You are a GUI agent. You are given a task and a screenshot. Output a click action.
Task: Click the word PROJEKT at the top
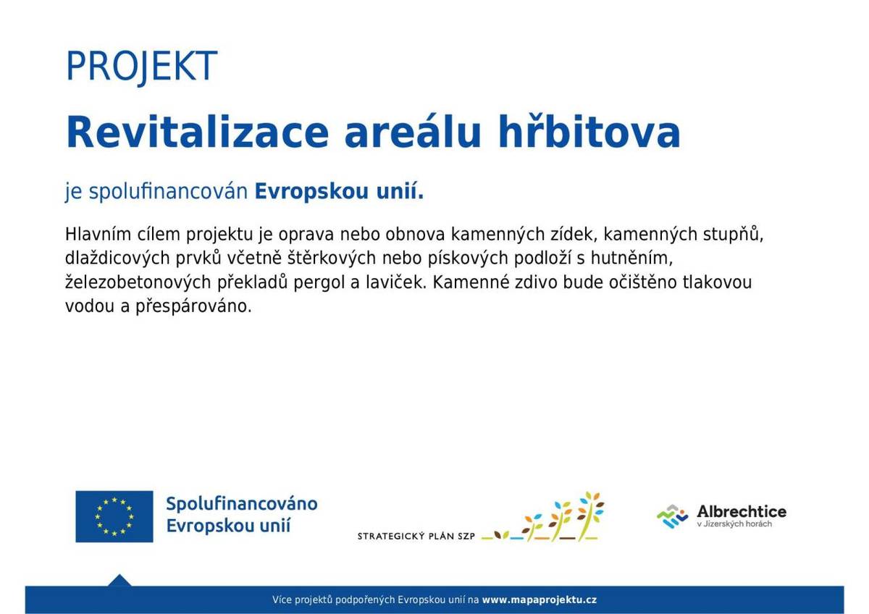click(x=142, y=66)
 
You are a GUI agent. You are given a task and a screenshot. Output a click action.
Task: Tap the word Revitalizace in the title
click(x=198, y=132)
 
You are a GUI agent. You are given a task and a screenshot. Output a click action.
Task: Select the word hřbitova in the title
click(x=589, y=132)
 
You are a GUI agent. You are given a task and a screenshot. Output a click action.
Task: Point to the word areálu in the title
click(x=413, y=132)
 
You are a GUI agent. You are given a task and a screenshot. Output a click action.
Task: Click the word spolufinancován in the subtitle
click(x=168, y=192)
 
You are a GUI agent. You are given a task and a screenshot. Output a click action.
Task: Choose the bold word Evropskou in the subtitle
click(x=311, y=192)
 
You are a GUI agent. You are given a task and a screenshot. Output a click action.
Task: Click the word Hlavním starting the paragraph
click(x=98, y=235)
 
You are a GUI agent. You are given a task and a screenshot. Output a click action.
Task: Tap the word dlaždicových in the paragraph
click(x=117, y=258)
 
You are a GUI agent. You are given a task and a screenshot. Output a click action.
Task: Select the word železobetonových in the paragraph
click(x=138, y=283)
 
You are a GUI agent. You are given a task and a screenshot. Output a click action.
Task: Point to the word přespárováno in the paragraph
click(x=193, y=307)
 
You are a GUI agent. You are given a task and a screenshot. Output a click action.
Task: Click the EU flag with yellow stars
click(x=114, y=516)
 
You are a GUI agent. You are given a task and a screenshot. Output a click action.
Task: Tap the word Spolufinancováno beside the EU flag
click(x=242, y=504)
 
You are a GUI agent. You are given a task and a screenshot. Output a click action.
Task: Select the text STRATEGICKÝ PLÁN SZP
click(x=416, y=537)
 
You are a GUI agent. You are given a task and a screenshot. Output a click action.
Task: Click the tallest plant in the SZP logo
click(x=588, y=516)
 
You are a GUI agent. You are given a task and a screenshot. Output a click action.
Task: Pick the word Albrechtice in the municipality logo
click(x=742, y=512)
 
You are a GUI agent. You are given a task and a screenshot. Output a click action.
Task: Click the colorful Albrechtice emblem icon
click(x=672, y=516)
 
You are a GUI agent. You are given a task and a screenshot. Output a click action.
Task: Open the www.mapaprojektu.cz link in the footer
click(x=540, y=600)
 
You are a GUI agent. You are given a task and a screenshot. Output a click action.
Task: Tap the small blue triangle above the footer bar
click(x=119, y=581)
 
